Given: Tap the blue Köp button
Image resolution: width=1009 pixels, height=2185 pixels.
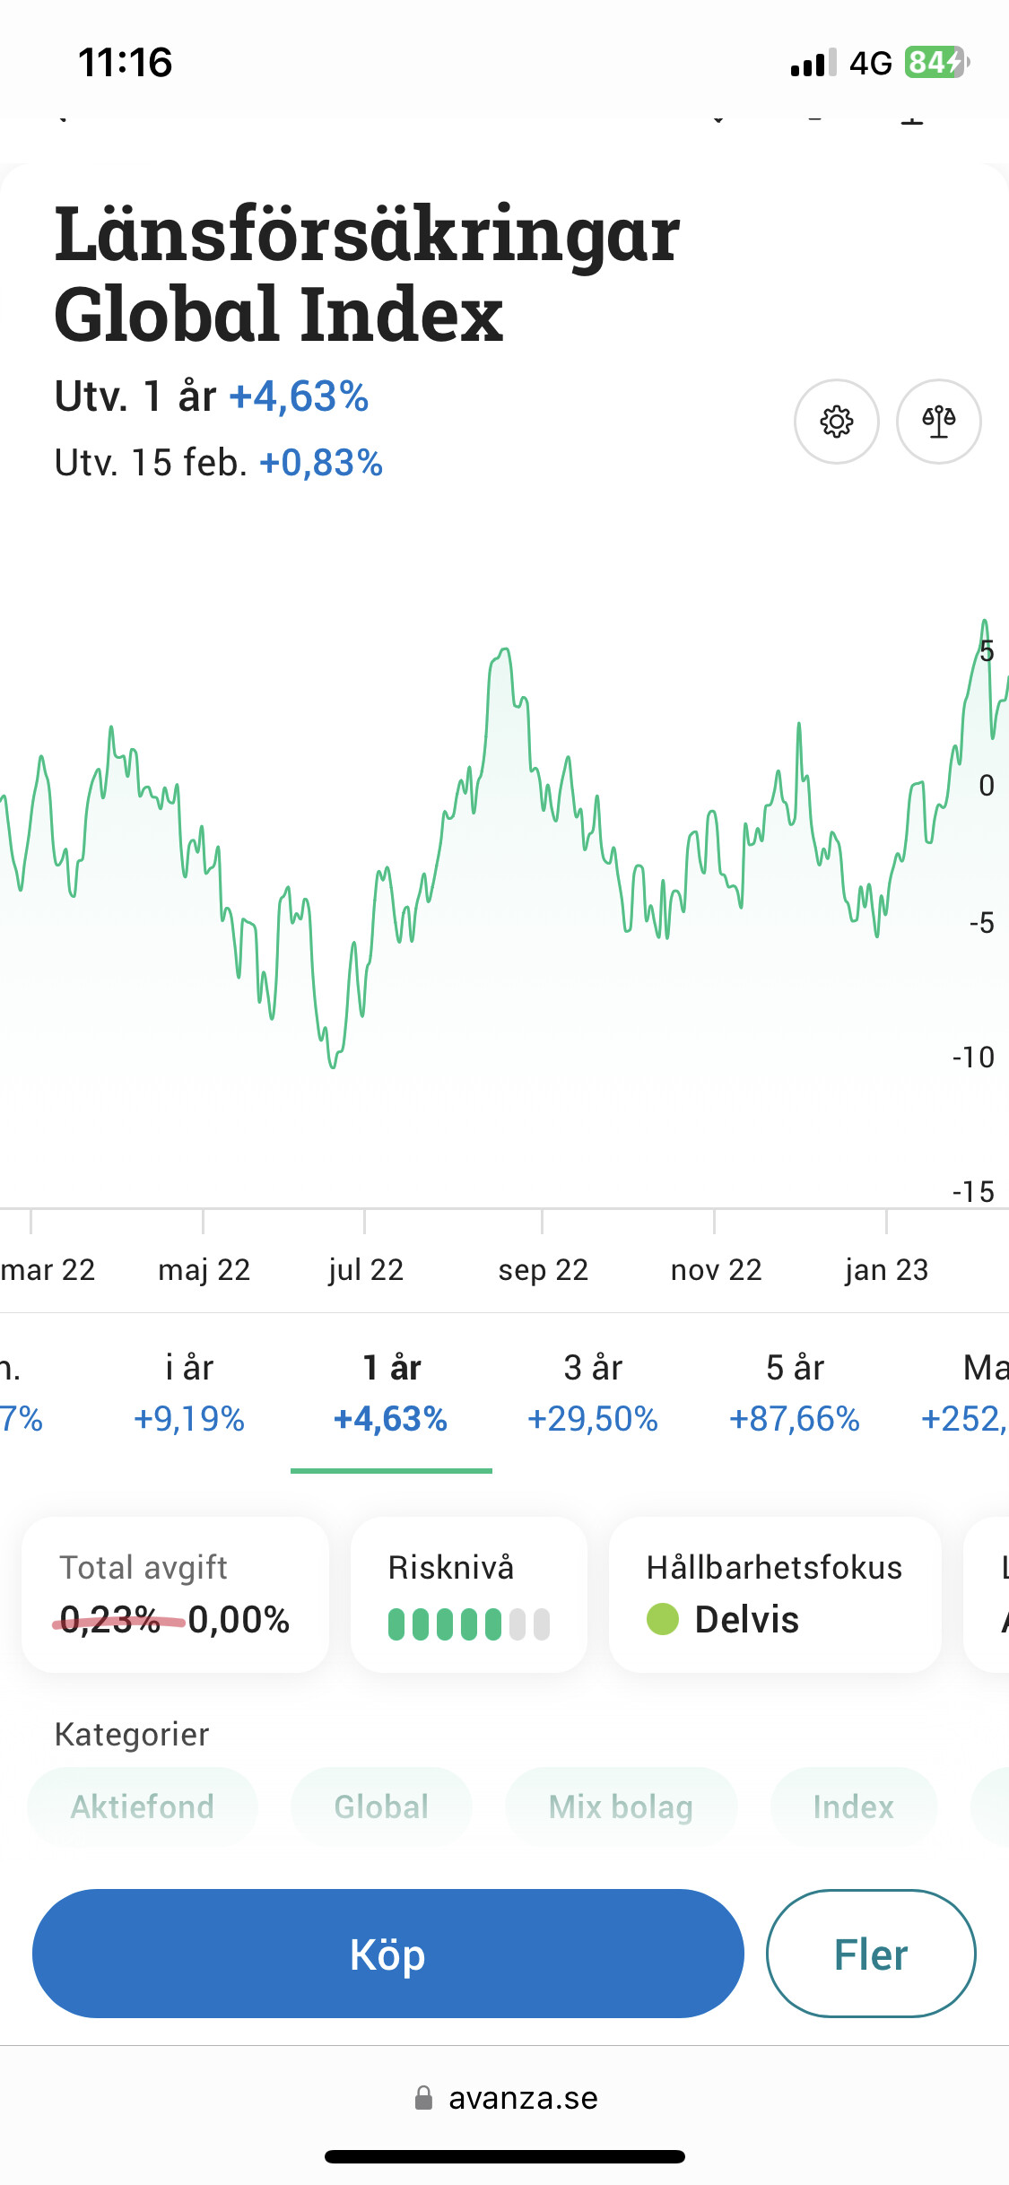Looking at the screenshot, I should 387,1954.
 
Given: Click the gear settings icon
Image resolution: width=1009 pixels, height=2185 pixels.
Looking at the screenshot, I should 836,422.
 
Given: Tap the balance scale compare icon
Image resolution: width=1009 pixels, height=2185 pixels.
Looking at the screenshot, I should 938,422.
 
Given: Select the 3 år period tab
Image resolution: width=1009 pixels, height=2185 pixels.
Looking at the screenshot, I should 593,1393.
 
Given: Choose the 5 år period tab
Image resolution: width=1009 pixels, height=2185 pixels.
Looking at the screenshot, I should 795,1393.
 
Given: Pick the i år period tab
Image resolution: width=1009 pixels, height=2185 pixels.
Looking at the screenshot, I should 189,1393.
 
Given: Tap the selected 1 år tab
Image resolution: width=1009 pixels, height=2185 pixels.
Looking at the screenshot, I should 391,1393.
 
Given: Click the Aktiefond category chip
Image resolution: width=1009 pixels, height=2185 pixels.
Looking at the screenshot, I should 143,1806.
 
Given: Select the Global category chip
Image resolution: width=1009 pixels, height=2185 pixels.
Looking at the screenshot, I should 381,1806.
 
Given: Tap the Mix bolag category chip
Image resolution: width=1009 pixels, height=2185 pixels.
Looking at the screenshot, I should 621,1806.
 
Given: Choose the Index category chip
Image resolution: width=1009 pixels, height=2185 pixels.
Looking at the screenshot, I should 853,1806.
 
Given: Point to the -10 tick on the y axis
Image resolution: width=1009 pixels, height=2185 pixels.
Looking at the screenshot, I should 973,1058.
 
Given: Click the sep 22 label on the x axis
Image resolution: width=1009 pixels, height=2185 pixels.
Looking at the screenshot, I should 543,1270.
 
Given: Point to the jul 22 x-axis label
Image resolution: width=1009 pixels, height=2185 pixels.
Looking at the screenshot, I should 365,1270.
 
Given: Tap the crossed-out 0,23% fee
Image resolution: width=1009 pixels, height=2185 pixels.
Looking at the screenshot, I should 109,1620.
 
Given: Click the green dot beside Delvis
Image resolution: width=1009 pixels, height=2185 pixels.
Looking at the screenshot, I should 663,1619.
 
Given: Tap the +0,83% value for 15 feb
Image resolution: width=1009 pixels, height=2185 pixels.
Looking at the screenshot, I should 320,464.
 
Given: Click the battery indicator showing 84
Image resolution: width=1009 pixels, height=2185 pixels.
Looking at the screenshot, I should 935,63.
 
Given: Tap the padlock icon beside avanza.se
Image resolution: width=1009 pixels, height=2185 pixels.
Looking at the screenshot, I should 423,2098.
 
